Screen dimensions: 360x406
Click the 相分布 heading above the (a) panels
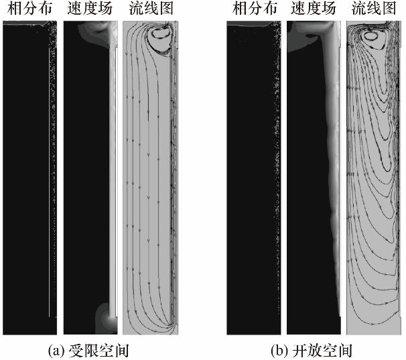pyautogui.click(x=27, y=9)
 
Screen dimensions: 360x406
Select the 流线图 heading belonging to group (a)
pyautogui.click(x=150, y=9)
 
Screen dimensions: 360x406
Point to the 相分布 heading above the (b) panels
pyautogui.click(x=252, y=9)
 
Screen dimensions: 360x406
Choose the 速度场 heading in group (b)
pyautogui.click(x=312, y=9)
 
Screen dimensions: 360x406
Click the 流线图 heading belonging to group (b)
pyautogui.click(x=374, y=9)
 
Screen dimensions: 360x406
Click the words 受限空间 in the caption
pyautogui.click(x=107, y=349)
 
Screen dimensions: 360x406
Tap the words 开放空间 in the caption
pyautogui.click(x=330, y=349)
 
